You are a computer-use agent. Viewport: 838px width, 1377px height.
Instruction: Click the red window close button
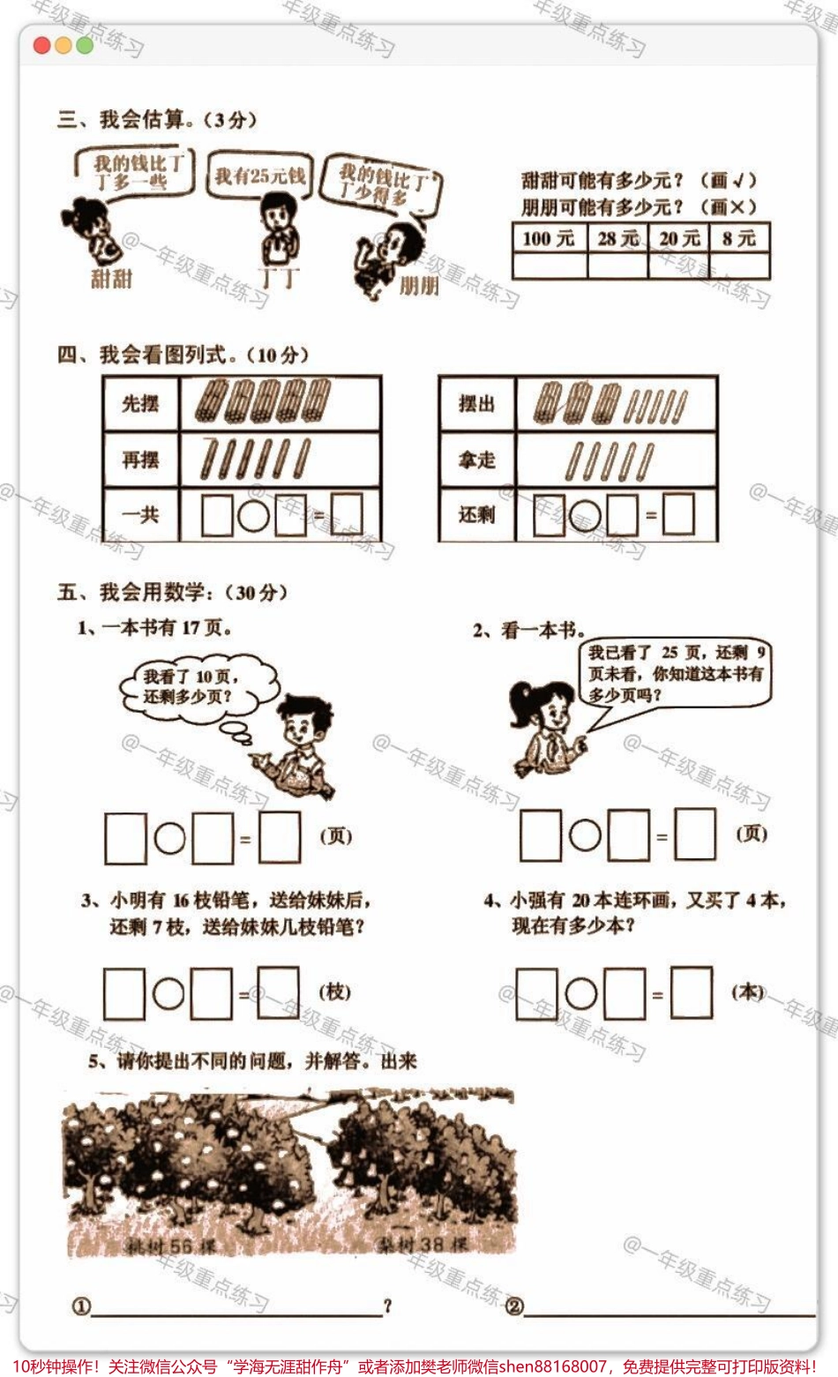(41, 46)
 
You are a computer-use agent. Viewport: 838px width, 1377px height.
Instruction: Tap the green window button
(85, 46)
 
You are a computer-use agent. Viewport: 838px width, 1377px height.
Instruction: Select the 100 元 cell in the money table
(549, 238)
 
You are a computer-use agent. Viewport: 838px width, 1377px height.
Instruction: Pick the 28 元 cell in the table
(617, 238)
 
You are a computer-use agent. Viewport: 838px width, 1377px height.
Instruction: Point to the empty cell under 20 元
(679, 266)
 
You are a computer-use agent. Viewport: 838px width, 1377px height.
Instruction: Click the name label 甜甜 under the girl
(111, 279)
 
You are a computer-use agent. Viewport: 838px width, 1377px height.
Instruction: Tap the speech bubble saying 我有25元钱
(259, 176)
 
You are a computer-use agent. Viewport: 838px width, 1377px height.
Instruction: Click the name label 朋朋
(419, 285)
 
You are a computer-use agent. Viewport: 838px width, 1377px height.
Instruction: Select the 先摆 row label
(141, 404)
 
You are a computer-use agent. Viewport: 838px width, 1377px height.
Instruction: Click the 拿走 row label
(476, 460)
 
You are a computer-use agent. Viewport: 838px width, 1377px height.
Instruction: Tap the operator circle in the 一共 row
(254, 515)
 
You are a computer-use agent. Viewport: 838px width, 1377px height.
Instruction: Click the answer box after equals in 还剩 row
(678, 514)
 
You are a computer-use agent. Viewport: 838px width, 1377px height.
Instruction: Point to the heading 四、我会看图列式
(183, 355)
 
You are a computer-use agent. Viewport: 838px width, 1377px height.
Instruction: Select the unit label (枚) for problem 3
(334, 992)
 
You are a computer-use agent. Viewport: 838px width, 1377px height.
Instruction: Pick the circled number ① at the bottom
(81, 1306)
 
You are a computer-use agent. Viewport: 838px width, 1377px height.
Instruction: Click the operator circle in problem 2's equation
(585, 835)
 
